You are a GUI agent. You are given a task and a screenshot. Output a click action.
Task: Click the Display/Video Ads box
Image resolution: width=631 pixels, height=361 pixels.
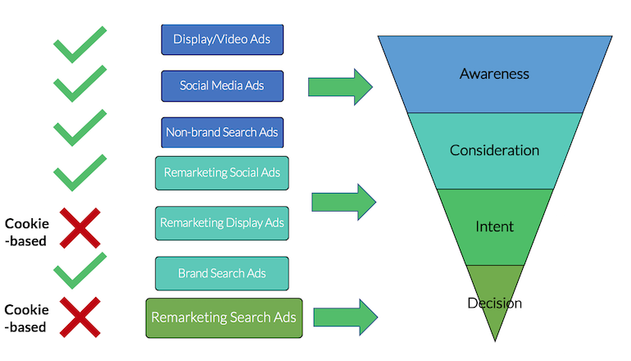pyautogui.click(x=222, y=39)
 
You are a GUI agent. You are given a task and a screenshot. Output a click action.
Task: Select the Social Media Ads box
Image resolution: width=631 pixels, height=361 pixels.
pyautogui.click(x=222, y=86)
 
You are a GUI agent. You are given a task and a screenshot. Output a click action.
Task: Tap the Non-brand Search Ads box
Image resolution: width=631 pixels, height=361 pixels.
pyautogui.click(x=222, y=132)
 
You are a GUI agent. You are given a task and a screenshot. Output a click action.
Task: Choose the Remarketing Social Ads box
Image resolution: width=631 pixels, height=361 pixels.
pyautogui.click(x=222, y=172)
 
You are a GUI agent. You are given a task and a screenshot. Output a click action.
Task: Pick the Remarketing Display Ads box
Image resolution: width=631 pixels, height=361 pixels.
pyautogui.click(x=222, y=222)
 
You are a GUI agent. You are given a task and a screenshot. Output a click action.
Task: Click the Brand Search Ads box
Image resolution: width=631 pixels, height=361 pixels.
pyautogui.click(x=222, y=272)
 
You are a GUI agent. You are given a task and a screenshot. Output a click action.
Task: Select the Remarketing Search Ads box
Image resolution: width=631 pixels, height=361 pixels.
pyautogui.click(x=224, y=317)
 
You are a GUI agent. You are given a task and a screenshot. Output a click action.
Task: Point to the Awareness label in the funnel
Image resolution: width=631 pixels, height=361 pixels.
pyautogui.click(x=494, y=74)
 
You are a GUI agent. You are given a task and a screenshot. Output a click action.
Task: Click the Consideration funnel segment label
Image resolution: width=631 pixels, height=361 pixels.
pyautogui.click(x=494, y=150)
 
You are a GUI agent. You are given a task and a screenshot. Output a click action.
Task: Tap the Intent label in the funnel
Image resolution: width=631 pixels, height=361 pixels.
pyautogui.click(x=494, y=226)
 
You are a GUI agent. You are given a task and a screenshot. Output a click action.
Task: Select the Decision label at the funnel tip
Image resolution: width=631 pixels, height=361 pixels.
pyautogui.click(x=494, y=303)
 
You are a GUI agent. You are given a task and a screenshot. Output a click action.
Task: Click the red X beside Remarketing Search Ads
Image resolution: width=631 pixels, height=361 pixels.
pyautogui.click(x=81, y=318)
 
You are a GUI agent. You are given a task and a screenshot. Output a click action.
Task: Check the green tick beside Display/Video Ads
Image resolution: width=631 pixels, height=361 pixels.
pyautogui.click(x=79, y=44)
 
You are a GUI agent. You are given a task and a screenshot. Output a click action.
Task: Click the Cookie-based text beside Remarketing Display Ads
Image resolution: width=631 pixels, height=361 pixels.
pyautogui.click(x=27, y=232)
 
